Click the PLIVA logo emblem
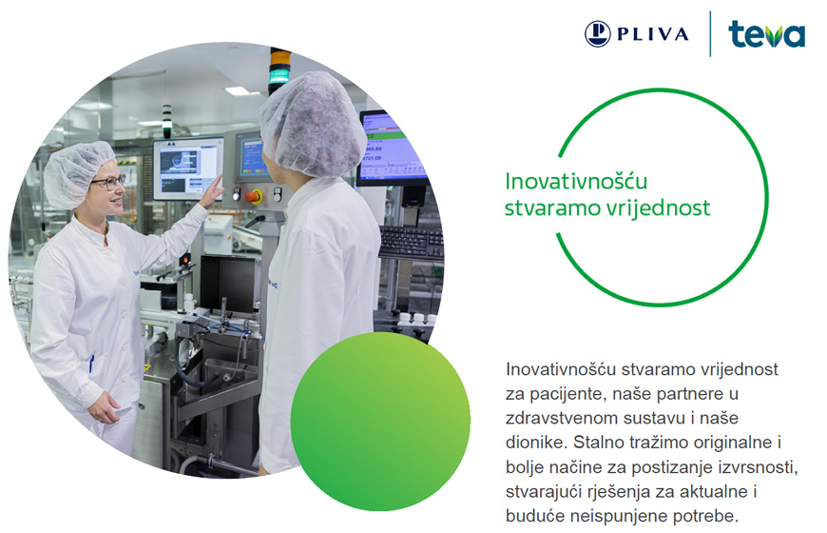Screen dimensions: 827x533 tap(598, 34)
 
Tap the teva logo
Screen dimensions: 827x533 tap(766, 34)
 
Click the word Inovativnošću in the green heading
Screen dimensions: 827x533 tap(576, 181)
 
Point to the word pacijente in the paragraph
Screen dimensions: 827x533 tap(574, 394)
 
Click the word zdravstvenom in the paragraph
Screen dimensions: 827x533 tap(562, 418)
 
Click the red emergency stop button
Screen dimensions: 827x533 tap(253, 196)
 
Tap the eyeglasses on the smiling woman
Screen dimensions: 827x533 tap(108, 182)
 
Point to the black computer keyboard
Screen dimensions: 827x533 tap(412, 243)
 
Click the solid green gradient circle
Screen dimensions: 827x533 tap(380, 422)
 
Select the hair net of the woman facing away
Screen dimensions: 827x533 tap(312, 125)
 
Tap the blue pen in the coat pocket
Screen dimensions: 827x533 tap(92, 364)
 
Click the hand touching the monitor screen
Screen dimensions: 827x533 tap(212, 191)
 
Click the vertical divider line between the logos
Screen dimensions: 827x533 tap(710, 34)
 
